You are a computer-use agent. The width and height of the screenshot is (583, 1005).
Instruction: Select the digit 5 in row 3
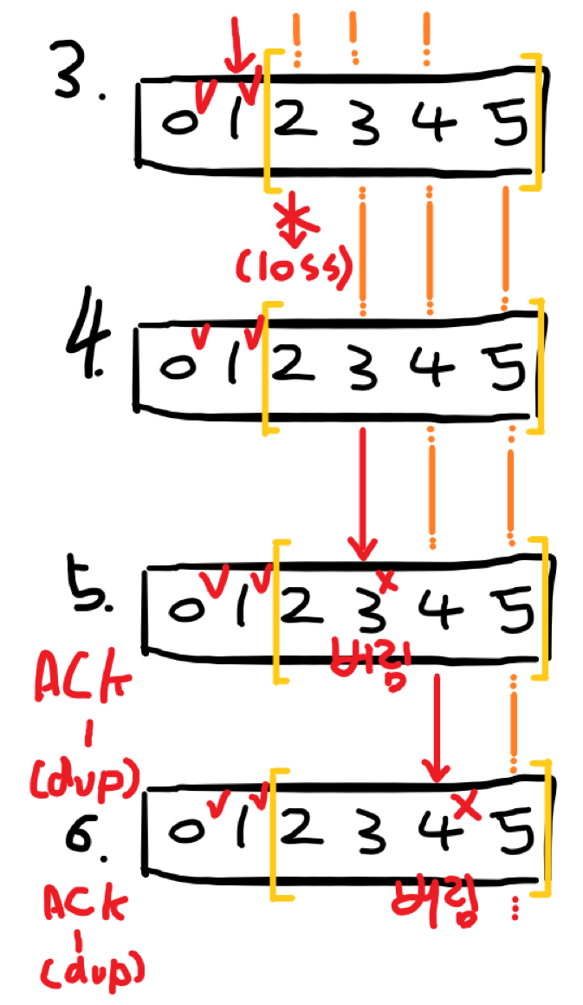(506, 127)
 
